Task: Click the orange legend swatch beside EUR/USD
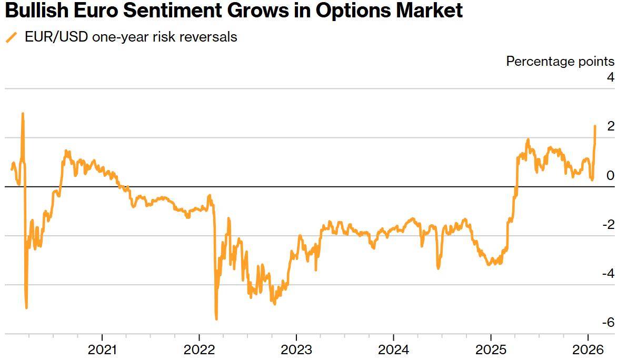(11, 37)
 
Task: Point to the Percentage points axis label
(560, 62)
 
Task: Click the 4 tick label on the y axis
(610, 77)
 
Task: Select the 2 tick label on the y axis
(610, 126)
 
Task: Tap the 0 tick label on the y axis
(610, 175)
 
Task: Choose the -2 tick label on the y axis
(608, 225)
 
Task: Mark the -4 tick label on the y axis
(608, 274)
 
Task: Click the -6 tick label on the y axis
(608, 323)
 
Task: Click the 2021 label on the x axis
(102, 349)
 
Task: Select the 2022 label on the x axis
(199, 349)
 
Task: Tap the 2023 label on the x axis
(296, 349)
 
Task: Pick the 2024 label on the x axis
(394, 349)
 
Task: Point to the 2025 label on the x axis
(491, 349)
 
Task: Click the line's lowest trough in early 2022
(216, 318)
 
